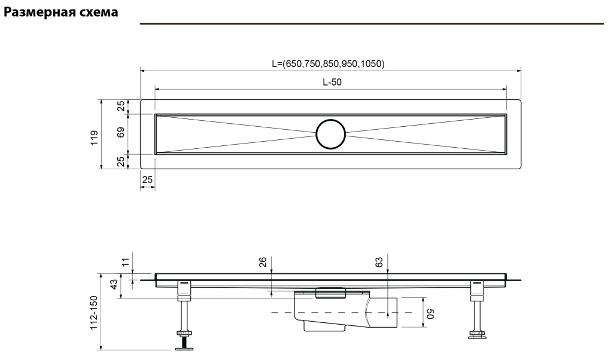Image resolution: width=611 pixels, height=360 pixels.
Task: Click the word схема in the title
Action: [x=97, y=11]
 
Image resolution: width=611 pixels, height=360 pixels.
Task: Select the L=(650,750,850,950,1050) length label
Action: [x=327, y=63]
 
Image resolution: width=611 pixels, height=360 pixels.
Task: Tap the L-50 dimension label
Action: [x=332, y=83]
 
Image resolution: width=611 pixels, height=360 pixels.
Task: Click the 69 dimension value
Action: [x=120, y=133]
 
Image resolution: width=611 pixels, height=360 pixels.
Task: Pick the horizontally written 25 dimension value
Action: [x=147, y=179]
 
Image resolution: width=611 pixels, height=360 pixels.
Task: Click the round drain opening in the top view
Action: [x=331, y=133]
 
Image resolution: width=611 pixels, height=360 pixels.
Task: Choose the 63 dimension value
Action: [x=379, y=262]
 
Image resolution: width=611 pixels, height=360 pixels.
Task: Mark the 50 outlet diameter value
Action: [x=430, y=313]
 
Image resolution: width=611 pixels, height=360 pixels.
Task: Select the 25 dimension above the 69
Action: [x=120, y=106]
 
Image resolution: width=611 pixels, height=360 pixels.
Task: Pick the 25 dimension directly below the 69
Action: [x=120, y=160]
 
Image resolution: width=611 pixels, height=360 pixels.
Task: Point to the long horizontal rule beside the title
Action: [x=372, y=24]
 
